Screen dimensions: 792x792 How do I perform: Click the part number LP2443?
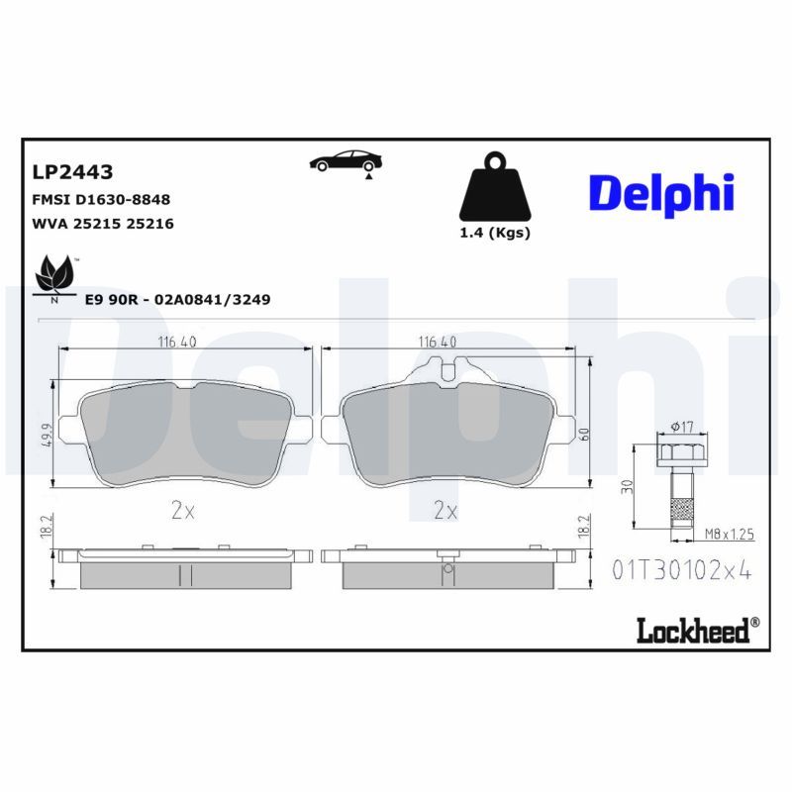click(x=73, y=171)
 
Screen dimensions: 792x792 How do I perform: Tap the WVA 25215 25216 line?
click(x=103, y=224)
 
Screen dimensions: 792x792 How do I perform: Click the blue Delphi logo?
click(x=661, y=192)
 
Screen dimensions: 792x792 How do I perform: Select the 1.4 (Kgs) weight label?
click(x=495, y=234)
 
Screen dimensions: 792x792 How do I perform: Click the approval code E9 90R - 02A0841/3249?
click(x=178, y=298)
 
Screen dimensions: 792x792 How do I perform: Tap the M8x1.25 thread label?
click(x=730, y=534)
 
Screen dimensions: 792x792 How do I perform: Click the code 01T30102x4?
click(x=683, y=571)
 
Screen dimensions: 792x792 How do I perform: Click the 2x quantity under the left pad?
click(x=182, y=510)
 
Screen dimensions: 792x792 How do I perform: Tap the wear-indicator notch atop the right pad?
click(x=446, y=373)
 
